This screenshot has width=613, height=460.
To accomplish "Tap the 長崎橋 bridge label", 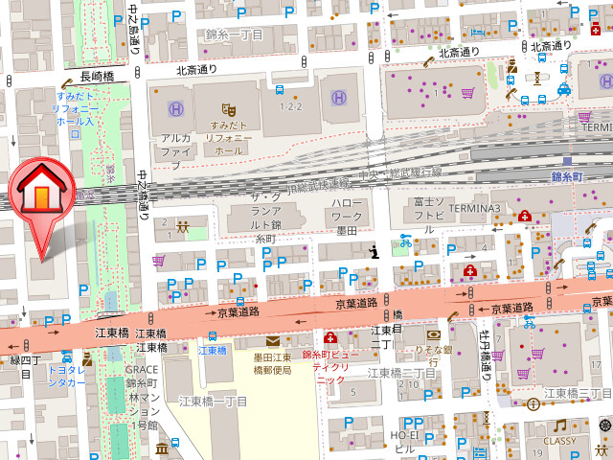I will [97, 77].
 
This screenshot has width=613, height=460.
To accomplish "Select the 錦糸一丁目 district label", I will [234, 34].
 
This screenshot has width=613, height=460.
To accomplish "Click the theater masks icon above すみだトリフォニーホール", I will [227, 109].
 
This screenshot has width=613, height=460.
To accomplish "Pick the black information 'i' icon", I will [375, 252].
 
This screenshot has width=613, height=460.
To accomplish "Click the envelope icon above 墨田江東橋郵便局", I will [273, 341].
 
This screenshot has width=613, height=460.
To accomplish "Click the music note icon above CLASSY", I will [559, 425].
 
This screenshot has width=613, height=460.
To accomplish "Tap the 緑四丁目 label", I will [20, 366].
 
